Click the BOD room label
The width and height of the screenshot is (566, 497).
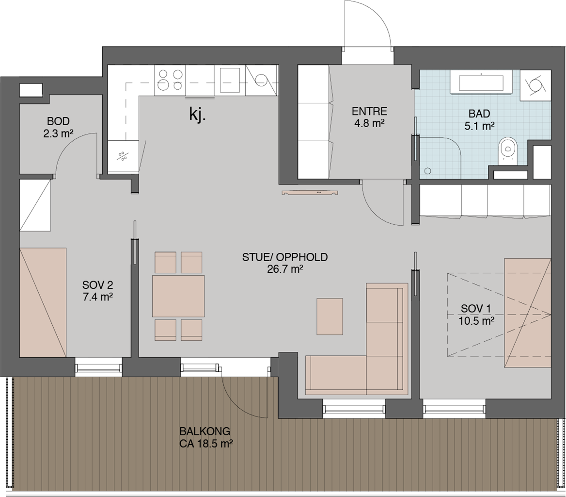(59, 121)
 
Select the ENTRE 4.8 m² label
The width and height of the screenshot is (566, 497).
(369, 117)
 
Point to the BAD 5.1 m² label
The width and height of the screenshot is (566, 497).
(479, 119)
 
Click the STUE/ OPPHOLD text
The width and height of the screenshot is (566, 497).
(285, 257)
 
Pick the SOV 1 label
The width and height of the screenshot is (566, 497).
(476, 309)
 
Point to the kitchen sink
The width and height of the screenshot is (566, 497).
(230, 80)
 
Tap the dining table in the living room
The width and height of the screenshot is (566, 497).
(178, 296)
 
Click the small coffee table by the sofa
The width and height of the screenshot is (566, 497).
(330, 316)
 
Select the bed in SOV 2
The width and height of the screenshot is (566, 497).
(43, 302)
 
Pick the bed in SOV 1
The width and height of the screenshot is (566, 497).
(527, 313)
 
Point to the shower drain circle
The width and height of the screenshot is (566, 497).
(428, 171)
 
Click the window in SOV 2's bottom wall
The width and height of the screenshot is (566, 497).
(98, 367)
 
